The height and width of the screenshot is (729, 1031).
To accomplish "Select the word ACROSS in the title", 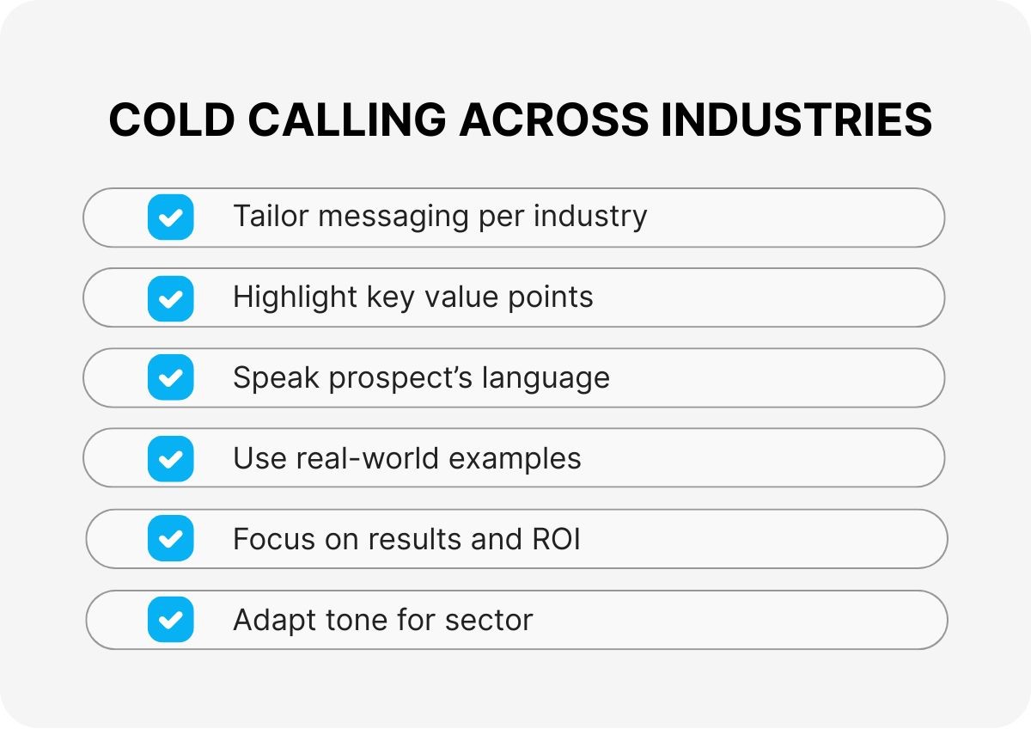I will pyautogui.click(x=553, y=119).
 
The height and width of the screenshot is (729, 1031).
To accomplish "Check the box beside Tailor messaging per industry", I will pyautogui.click(x=170, y=217).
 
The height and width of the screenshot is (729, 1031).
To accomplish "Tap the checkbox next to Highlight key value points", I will pyautogui.click(x=170, y=298).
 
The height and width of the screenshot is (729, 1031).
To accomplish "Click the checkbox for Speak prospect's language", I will pyautogui.click(x=170, y=378).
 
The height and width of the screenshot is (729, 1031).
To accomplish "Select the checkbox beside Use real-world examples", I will pyautogui.click(x=170, y=459).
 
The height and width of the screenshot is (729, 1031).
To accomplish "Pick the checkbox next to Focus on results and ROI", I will pyautogui.click(x=170, y=539).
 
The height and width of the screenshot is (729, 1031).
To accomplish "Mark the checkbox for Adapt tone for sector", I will pyautogui.click(x=170, y=620).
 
